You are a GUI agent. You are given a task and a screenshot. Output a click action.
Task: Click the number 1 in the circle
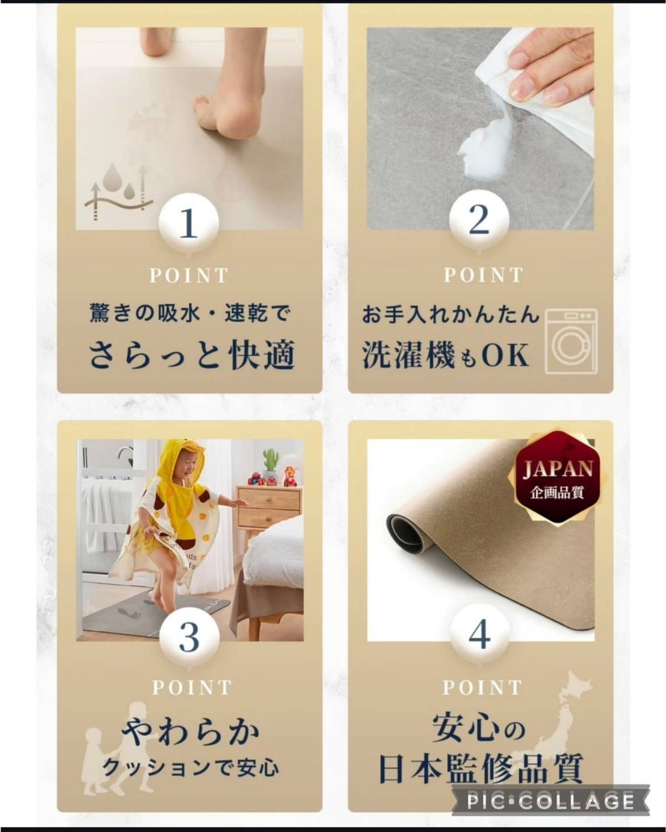pyautogui.click(x=189, y=222)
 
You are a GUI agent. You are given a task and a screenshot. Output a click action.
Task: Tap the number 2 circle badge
pyautogui.click(x=479, y=219)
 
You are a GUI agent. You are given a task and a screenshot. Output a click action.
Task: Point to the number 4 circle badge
pyautogui.click(x=479, y=634)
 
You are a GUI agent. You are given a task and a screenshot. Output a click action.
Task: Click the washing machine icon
pyautogui.click(x=571, y=342)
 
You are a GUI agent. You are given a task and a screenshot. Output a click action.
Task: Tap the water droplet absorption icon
pyautogui.click(x=118, y=191)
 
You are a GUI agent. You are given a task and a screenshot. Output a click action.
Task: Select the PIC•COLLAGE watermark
pyautogui.click(x=550, y=801)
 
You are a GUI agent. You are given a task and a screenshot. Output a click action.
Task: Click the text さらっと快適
pyautogui.click(x=192, y=354)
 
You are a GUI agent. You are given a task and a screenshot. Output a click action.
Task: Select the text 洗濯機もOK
pyautogui.click(x=445, y=355)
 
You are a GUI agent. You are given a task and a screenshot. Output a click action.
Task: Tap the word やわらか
pyautogui.click(x=190, y=734)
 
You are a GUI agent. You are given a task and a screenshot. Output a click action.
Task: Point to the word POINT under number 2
pyautogui.click(x=483, y=275)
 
